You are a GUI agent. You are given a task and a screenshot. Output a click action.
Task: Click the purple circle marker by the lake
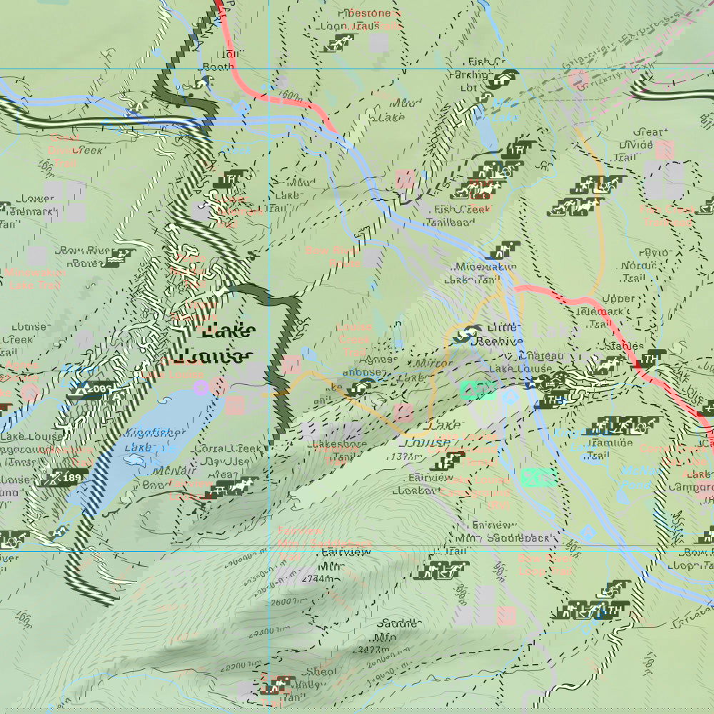tap(201, 388)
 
